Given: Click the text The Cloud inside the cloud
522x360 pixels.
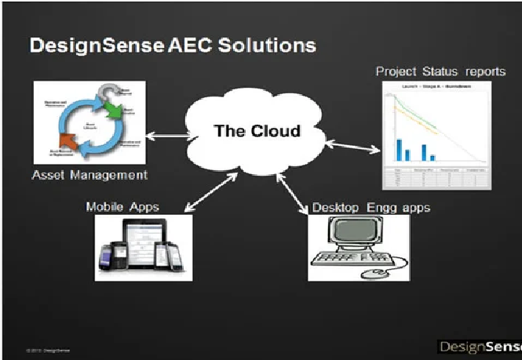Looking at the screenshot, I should tap(257, 130).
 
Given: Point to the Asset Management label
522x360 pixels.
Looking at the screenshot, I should tap(90, 174).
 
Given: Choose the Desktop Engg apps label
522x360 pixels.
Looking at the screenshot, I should tap(371, 207).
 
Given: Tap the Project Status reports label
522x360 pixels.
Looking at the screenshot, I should tap(440, 71).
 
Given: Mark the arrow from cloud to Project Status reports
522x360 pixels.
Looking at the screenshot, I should tap(350, 144).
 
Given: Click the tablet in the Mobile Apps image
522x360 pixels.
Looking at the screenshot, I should tap(142, 244).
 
